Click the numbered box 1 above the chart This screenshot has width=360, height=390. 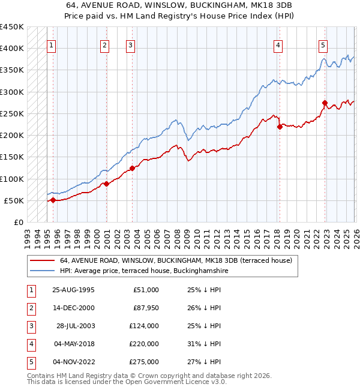point(52,44)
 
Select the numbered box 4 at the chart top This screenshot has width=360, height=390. point(278,44)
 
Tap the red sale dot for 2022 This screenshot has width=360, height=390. point(324,103)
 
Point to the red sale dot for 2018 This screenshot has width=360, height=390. point(280,127)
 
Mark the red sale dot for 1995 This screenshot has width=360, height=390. point(53,200)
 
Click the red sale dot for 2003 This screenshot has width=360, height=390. point(132,169)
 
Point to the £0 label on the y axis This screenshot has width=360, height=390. point(18,222)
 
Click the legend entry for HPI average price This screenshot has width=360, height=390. point(144,271)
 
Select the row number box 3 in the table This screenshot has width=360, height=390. point(31,326)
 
